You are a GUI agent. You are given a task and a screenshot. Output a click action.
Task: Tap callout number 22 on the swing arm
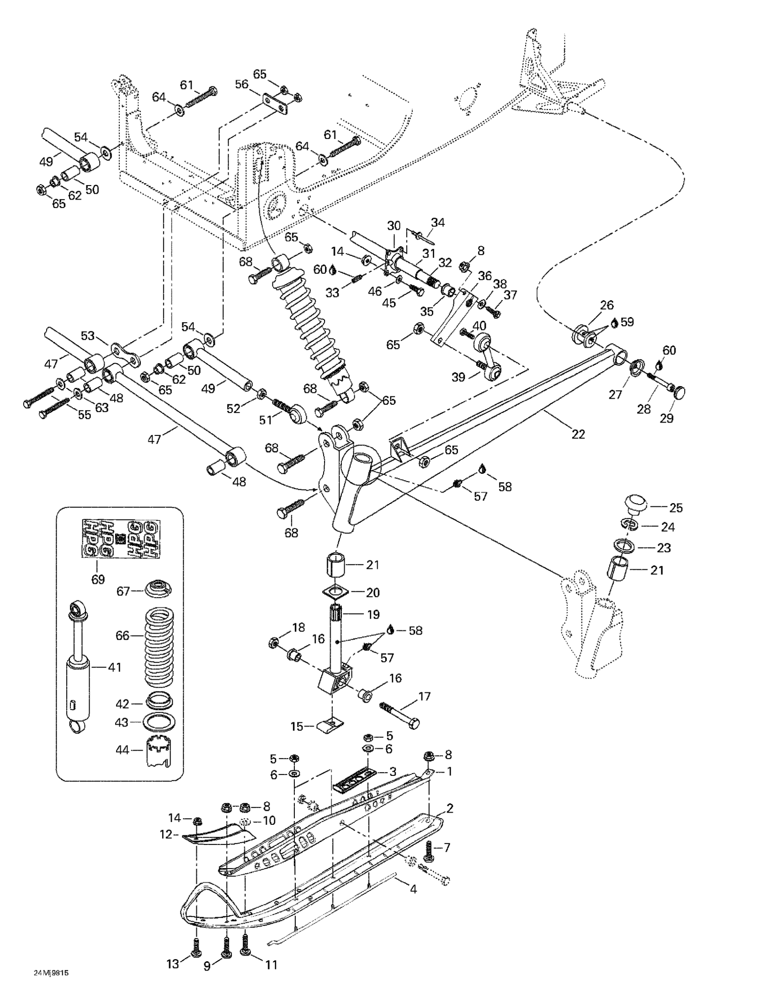point(578,434)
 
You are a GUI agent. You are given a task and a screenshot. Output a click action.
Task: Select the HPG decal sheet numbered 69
point(121,539)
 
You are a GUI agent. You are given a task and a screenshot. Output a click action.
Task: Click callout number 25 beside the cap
point(676,508)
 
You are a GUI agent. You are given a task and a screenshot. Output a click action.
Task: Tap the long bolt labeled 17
point(399,715)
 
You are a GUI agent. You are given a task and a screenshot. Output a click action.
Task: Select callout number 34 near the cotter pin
point(437,223)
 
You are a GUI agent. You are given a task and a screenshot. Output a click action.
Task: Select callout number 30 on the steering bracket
point(394,226)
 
